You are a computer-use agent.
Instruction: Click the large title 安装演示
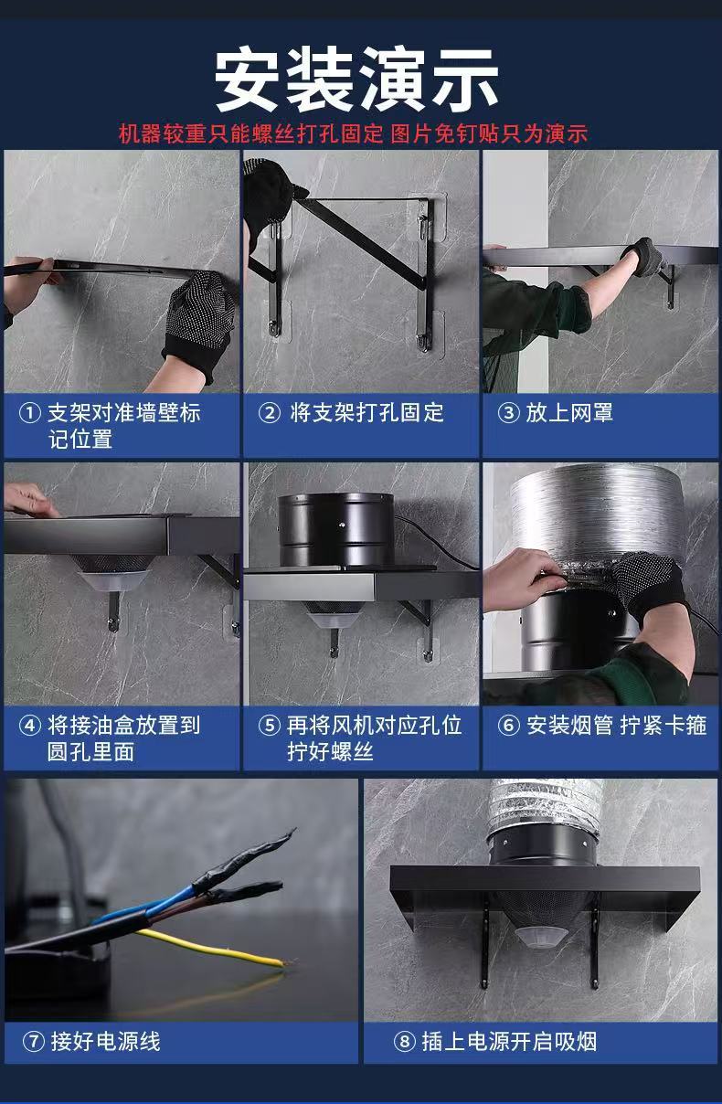[x=356, y=79]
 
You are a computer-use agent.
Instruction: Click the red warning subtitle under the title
[x=353, y=133]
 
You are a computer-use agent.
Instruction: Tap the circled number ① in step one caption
[x=29, y=413]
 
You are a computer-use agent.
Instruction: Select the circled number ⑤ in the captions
[x=270, y=726]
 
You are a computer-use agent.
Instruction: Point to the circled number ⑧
[x=405, y=1042]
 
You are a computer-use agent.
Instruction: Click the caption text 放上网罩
[x=569, y=413]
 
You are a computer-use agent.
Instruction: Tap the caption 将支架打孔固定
[x=366, y=413]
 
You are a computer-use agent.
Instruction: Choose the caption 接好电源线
[x=105, y=1042]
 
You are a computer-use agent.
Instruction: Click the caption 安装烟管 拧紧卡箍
[x=617, y=726]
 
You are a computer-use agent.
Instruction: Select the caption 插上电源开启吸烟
[x=509, y=1042]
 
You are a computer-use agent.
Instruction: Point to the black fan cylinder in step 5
[x=336, y=530]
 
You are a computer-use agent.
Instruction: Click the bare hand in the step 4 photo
[x=30, y=500]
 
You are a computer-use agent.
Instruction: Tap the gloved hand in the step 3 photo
[x=644, y=256]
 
